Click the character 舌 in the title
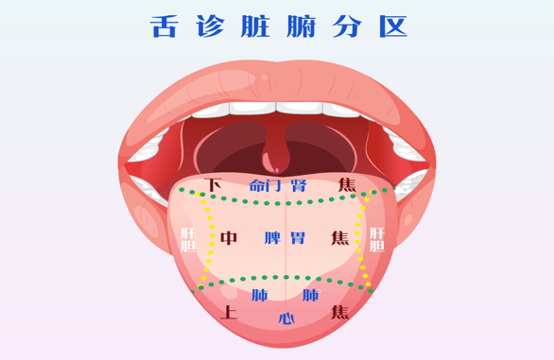(x=164, y=26)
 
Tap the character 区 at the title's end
(x=393, y=26)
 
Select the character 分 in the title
(x=347, y=26)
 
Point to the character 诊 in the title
(x=210, y=26)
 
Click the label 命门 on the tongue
(x=265, y=185)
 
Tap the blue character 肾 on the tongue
(x=300, y=185)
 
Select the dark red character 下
(x=214, y=185)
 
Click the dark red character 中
(x=229, y=238)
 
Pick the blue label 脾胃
(x=285, y=238)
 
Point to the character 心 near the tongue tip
(x=286, y=317)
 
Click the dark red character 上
(x=229, y=312)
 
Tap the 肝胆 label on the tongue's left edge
(x=187, y=239)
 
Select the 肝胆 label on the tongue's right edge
(x=376, y=239)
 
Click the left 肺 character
(x=259, y=296)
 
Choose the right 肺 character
(x=310, y=296)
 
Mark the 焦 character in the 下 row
(x=347, y=185)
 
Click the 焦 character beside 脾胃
(x=339, y=238)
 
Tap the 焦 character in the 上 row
(x=339, y=312)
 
